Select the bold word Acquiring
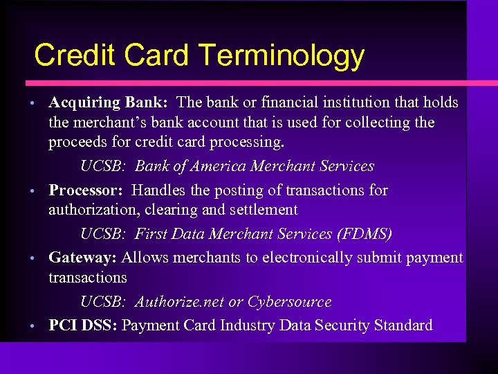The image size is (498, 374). click(84, 103)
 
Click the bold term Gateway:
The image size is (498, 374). click(82, 258)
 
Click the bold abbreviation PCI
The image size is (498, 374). click(63, 325)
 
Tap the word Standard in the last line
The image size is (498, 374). click(403, 325)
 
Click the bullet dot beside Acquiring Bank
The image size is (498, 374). click(33, 104)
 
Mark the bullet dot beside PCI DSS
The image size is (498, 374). click(33, 326)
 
